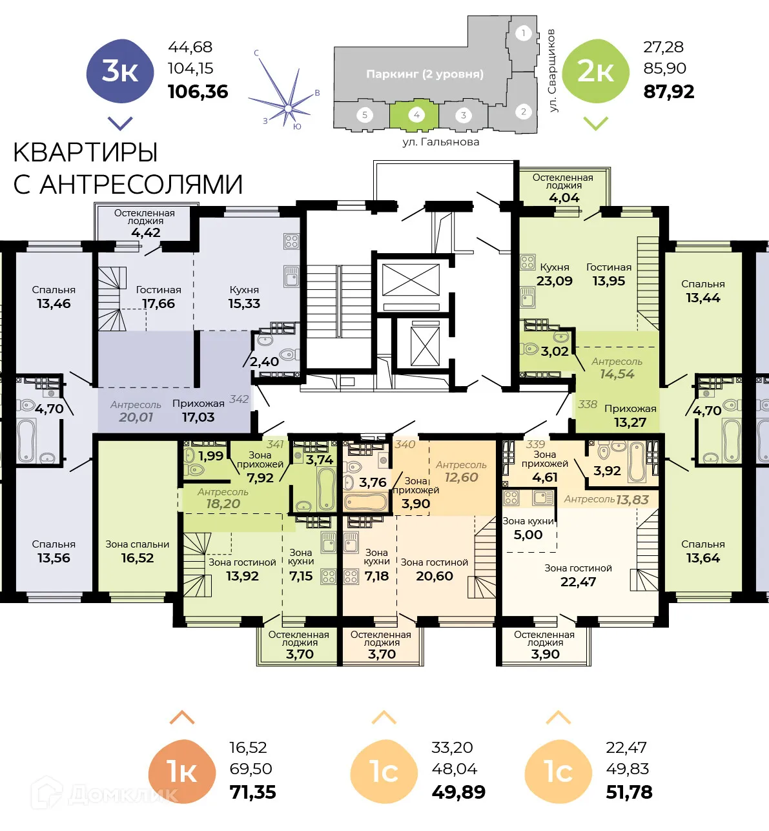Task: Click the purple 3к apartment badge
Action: [120, 71]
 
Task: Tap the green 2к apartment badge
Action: [595, 71]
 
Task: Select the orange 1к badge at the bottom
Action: [181, 772]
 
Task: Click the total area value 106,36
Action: [198, 92]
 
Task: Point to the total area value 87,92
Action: [669, 92]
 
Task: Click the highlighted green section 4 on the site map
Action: [415, 115]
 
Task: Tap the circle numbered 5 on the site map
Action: [365, 115]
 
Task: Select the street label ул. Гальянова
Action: [440, 142]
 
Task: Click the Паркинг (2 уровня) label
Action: [424, 74]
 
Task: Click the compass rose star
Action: [286, 103]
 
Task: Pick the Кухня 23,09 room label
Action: [554, 274]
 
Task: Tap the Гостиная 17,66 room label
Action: [158, 297]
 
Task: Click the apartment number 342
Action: [239, 400]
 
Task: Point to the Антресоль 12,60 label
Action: [461, 471]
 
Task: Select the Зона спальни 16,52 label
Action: [138, 551]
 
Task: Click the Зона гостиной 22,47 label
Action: [578, 575]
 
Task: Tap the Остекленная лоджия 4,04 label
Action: [563, 188]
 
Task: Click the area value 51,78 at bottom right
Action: [629, 792]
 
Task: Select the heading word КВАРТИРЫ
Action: [85, 153]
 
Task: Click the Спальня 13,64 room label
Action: [702, 551]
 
